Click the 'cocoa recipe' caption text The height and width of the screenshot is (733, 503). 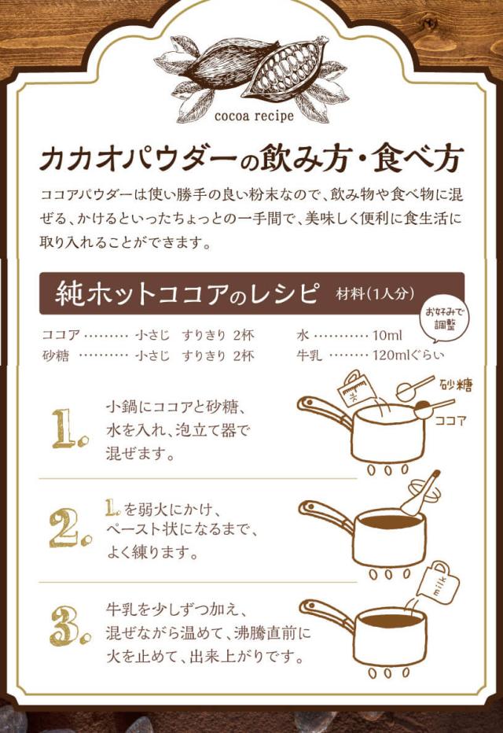[254, 116]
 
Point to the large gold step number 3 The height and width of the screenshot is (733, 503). [70, 627]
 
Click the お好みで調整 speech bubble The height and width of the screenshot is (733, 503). [444, 319]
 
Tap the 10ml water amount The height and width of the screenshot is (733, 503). [387, 335]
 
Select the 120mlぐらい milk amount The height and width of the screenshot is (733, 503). [408, 355]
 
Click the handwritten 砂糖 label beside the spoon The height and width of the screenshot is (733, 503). [456, 385]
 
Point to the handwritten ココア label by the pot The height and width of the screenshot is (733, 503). [450, 420]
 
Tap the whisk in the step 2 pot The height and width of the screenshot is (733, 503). [421, 494]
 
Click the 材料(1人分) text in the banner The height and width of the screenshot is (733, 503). [375, 293]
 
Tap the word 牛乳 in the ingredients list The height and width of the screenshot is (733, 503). [309, 355]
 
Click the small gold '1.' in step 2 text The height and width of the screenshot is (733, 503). [113, 508]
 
